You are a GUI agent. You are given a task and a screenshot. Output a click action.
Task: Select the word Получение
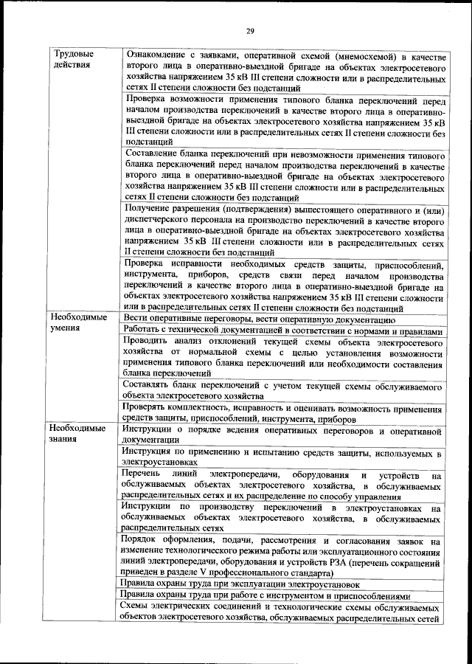(x=151, y=210)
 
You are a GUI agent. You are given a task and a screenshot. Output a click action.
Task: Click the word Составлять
(x=153, y=386)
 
